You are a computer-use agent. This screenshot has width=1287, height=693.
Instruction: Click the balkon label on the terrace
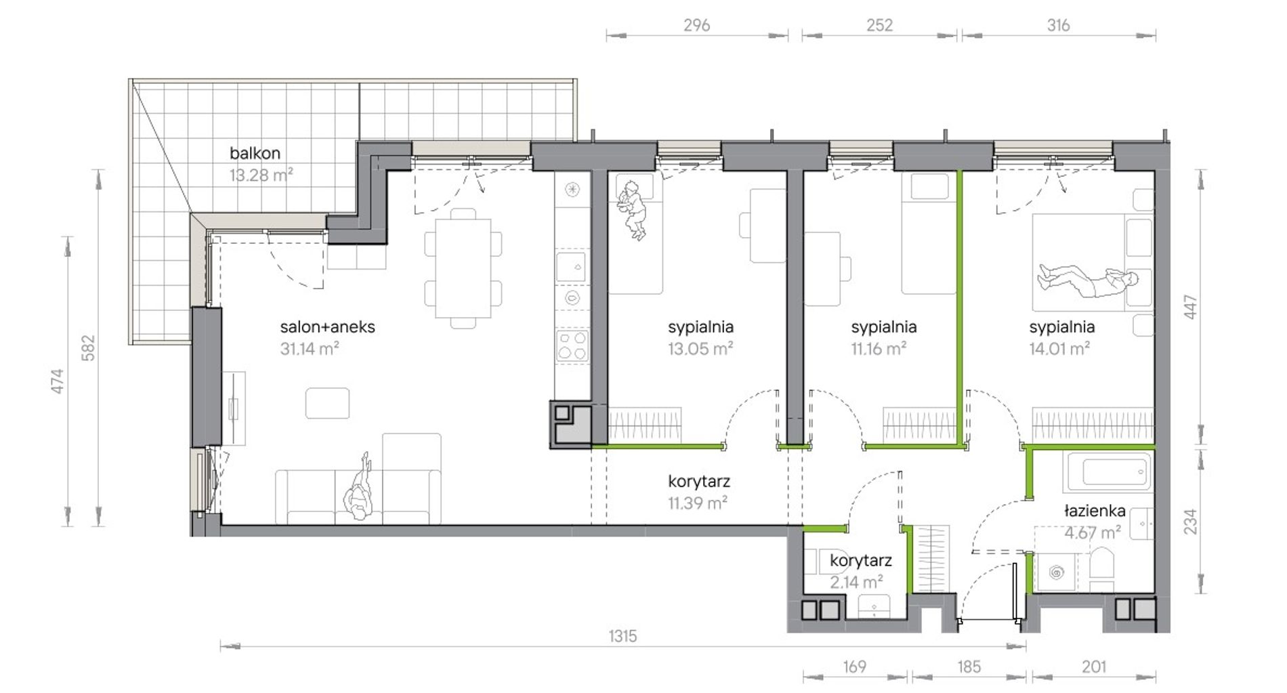[x=255, y=153]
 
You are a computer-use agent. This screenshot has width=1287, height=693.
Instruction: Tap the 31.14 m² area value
[x=310, y=348]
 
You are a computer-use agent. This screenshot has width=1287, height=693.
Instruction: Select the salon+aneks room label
[x=327, y=327]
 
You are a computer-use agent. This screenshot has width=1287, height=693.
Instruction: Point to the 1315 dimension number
[x=623, y=636]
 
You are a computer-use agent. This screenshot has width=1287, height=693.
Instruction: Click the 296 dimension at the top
[x=696, y=25]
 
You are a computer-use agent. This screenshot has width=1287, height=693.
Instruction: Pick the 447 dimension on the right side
[x=1191, y=307]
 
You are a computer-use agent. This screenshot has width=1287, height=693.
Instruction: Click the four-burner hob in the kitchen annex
[x=572, y=345]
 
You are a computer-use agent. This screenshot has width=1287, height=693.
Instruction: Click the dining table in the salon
[x=463, y=268]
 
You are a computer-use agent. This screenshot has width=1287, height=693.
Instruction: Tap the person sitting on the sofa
[x=359, y=488]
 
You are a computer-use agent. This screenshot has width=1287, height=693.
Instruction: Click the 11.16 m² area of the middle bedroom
[x=879, y=348]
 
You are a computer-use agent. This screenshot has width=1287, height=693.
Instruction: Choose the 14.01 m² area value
[x=1059, y=348]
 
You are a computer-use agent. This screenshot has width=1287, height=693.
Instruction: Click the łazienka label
[x=1095, y=510]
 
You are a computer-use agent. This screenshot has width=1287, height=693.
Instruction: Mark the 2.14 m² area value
[x=856, y=582]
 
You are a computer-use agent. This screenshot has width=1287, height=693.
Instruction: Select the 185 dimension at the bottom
[x=969, y=667]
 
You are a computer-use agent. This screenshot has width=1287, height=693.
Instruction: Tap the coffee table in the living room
[x=327, y=403]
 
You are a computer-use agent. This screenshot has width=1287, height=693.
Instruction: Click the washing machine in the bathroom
[x=1057, y=573]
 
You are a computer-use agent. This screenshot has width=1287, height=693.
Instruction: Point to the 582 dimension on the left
[x=88, y=348]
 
